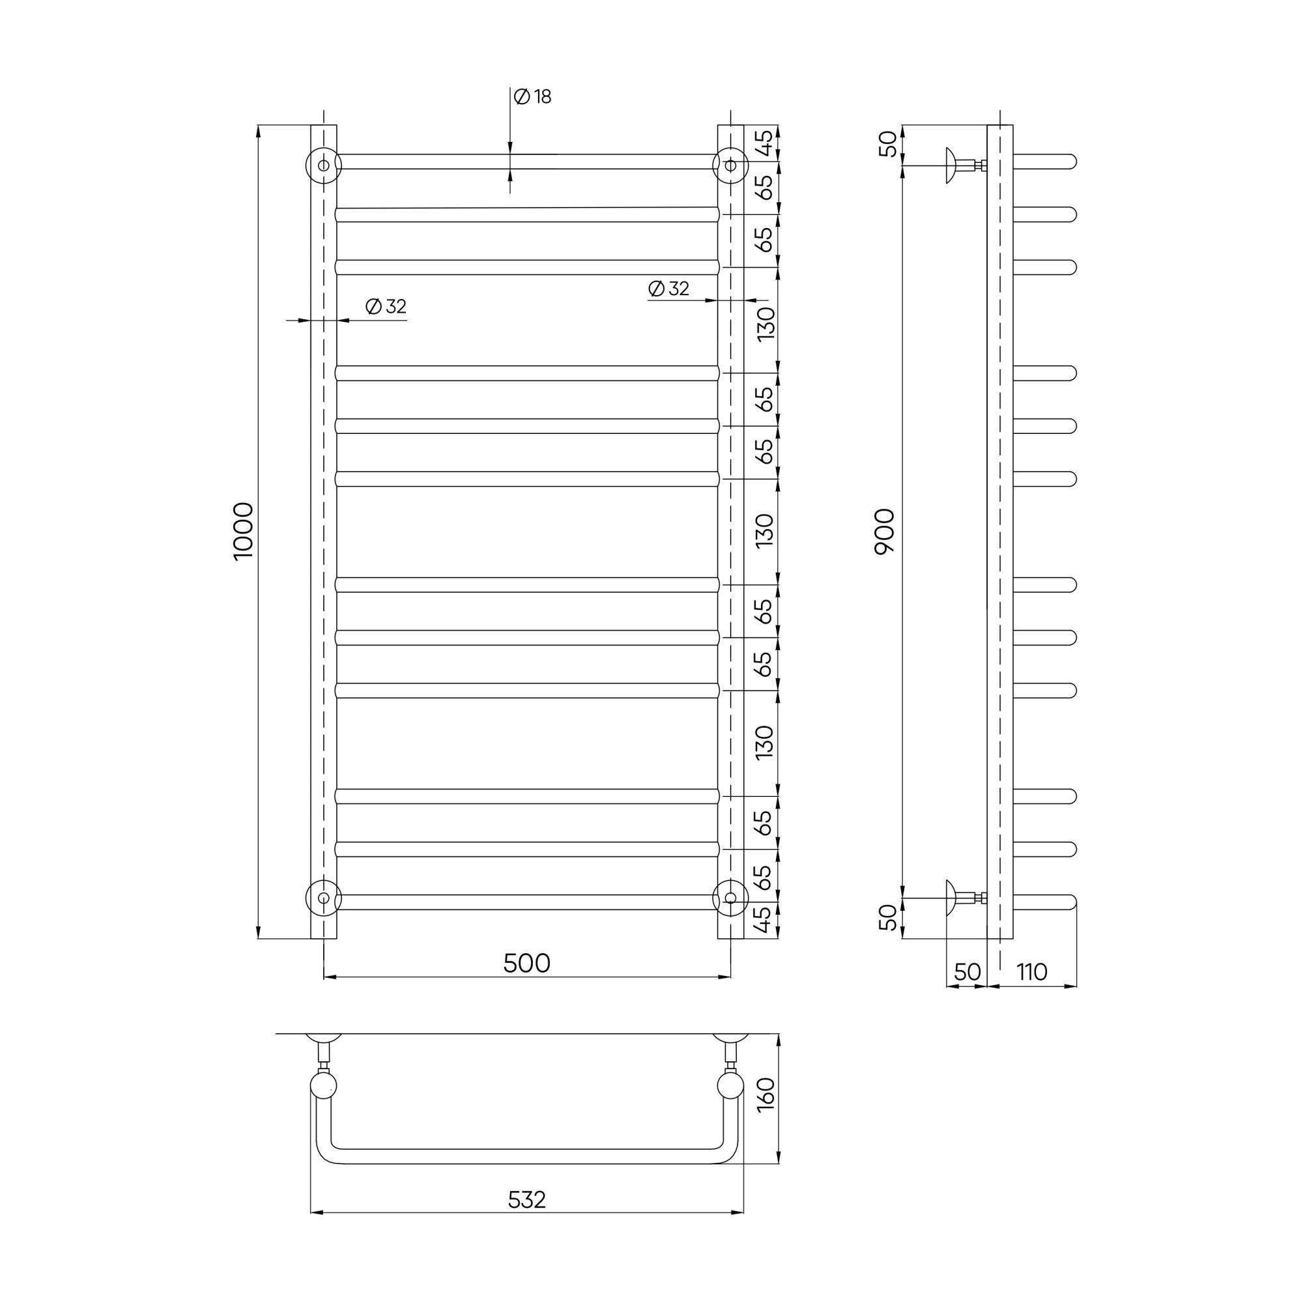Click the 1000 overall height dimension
click(243, 531)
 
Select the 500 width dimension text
click(526, 964)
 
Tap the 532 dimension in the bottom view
click(526, 1200)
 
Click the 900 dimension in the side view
click(883, 532)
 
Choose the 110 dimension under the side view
click(1032, 972)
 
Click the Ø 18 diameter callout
click(532, 97)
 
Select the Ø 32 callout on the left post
click(386, 307)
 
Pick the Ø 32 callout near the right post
click(668, 289)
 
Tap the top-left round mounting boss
click(324, 165)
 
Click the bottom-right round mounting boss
click(730, 898)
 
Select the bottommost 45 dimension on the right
click(763, 919)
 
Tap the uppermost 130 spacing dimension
click(766, 324)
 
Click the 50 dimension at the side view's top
click(889, 143)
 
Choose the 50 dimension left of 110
click(967, 972)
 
